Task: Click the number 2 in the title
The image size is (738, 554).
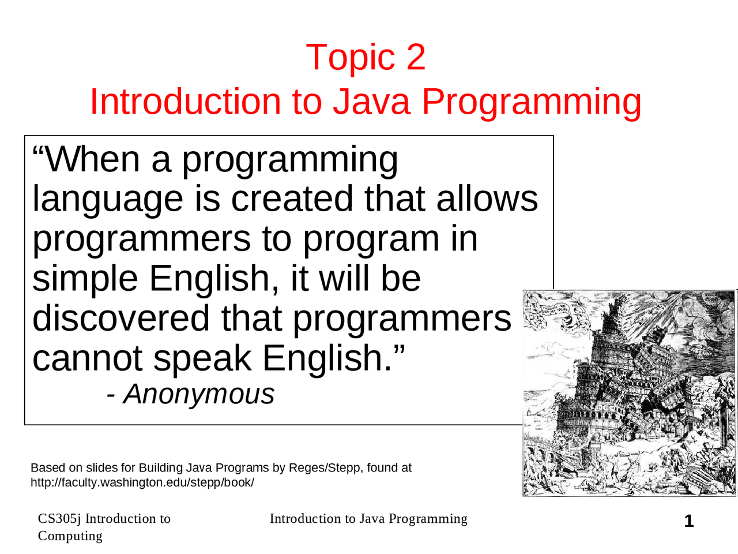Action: point(415,57)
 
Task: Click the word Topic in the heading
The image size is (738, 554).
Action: point(350,57)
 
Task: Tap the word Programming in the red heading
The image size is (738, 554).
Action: point(531,103)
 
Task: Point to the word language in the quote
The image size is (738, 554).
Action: point(107,200)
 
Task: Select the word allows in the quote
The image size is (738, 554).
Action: point(487,199)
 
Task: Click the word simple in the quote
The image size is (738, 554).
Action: point(85,279)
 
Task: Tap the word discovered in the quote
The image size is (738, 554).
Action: point(121,318)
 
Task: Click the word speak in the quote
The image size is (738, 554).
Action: point(202,359)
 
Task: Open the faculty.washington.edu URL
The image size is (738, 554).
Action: point(142,482)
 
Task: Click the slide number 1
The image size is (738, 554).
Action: point(688,522)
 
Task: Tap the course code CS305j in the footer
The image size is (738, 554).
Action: point(59,519)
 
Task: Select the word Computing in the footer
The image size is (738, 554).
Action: point(70,536)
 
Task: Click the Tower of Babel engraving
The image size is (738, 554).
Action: point(629,393)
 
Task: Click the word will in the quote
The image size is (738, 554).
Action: point(344,278)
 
